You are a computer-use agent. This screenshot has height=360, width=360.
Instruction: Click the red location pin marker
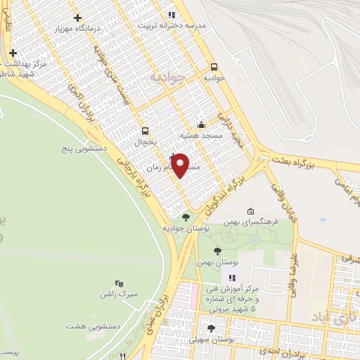click(x=181, y=165)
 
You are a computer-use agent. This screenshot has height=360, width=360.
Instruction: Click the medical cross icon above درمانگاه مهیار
click(x=77, y=18)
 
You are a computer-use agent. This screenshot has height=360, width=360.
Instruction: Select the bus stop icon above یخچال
click(x=146, y=130)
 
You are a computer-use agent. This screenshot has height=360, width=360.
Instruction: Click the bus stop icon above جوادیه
click(x=214, y=67)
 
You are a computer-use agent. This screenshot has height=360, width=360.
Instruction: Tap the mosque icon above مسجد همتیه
click(x=202, y=124)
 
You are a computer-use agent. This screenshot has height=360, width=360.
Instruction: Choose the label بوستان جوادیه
click(x=183, y=229)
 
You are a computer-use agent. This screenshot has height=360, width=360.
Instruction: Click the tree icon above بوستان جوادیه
click(x=186, y=217)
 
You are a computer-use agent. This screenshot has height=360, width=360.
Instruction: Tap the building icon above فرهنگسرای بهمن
click(x=251, y=212)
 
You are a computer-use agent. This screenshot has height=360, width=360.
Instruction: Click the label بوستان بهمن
click(x=215, y=262)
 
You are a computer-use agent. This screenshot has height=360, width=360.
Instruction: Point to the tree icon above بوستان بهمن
click(x=217, y=250)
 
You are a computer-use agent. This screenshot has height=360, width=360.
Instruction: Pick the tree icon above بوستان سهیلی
click(x=211, y=328)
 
